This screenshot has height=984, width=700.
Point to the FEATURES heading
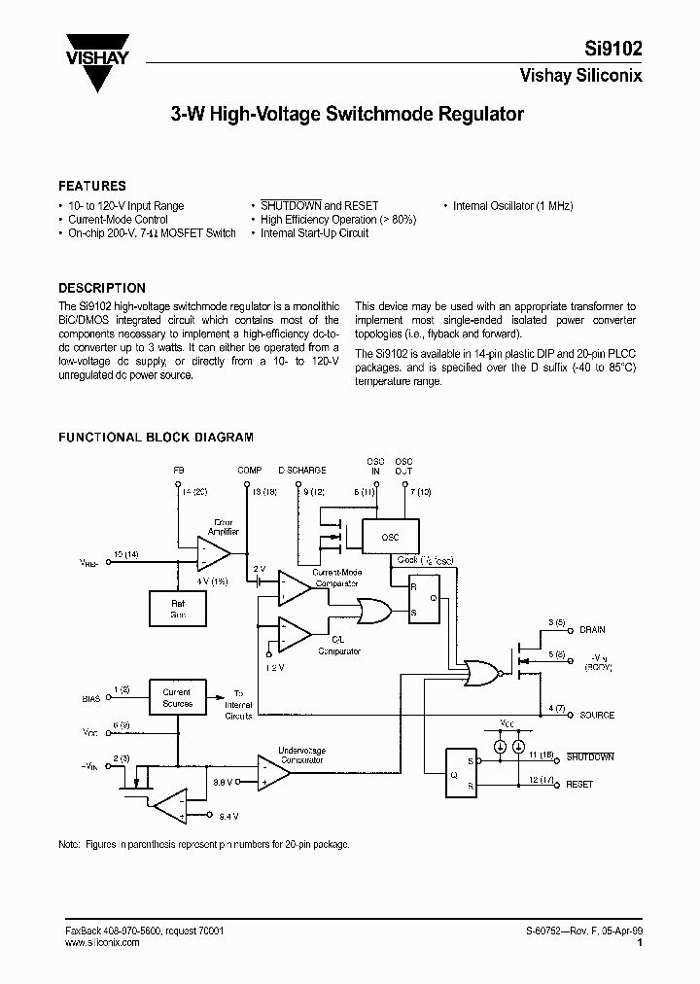92,186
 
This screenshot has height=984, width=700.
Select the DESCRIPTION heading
102,288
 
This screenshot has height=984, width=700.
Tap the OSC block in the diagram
391,536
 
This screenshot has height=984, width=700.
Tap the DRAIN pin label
592,630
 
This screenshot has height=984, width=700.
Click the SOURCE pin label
596,715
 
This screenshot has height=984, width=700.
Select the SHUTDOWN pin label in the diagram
590,756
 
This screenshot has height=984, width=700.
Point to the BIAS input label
90,698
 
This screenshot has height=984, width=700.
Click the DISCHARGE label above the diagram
302,471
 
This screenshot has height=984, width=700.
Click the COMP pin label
250,471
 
